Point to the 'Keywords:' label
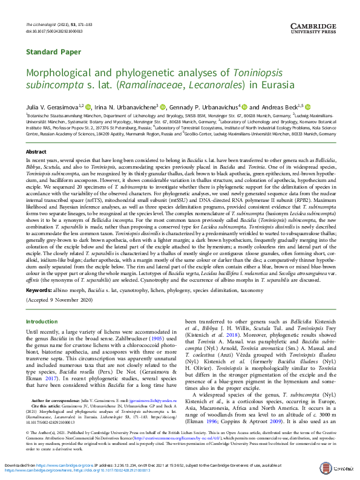coord(39,291)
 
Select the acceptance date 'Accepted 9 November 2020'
coord(59,300)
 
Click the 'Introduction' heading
coord(42,322)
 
